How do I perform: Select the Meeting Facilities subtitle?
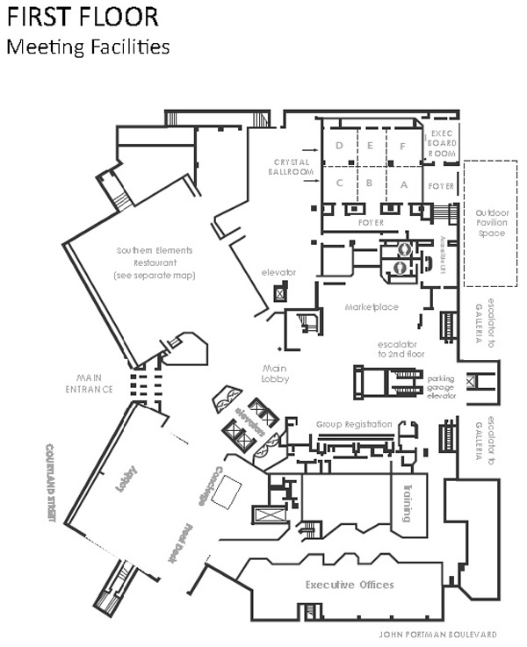[88, 47]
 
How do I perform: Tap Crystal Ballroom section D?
[338, 146]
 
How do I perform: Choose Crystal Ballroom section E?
[371, 146]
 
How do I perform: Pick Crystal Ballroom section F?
[404, 146]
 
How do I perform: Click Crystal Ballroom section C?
[338, 184]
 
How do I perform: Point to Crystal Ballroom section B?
[371, 184]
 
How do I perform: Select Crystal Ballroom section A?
[404, 184]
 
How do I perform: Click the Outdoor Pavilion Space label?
[491, 223]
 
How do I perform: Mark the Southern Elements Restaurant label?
[154, 262]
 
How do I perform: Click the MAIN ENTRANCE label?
[95, 384]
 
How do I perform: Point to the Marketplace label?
[372, 307]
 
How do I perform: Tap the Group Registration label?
[354, 424]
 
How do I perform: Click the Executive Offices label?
[350, 585]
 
